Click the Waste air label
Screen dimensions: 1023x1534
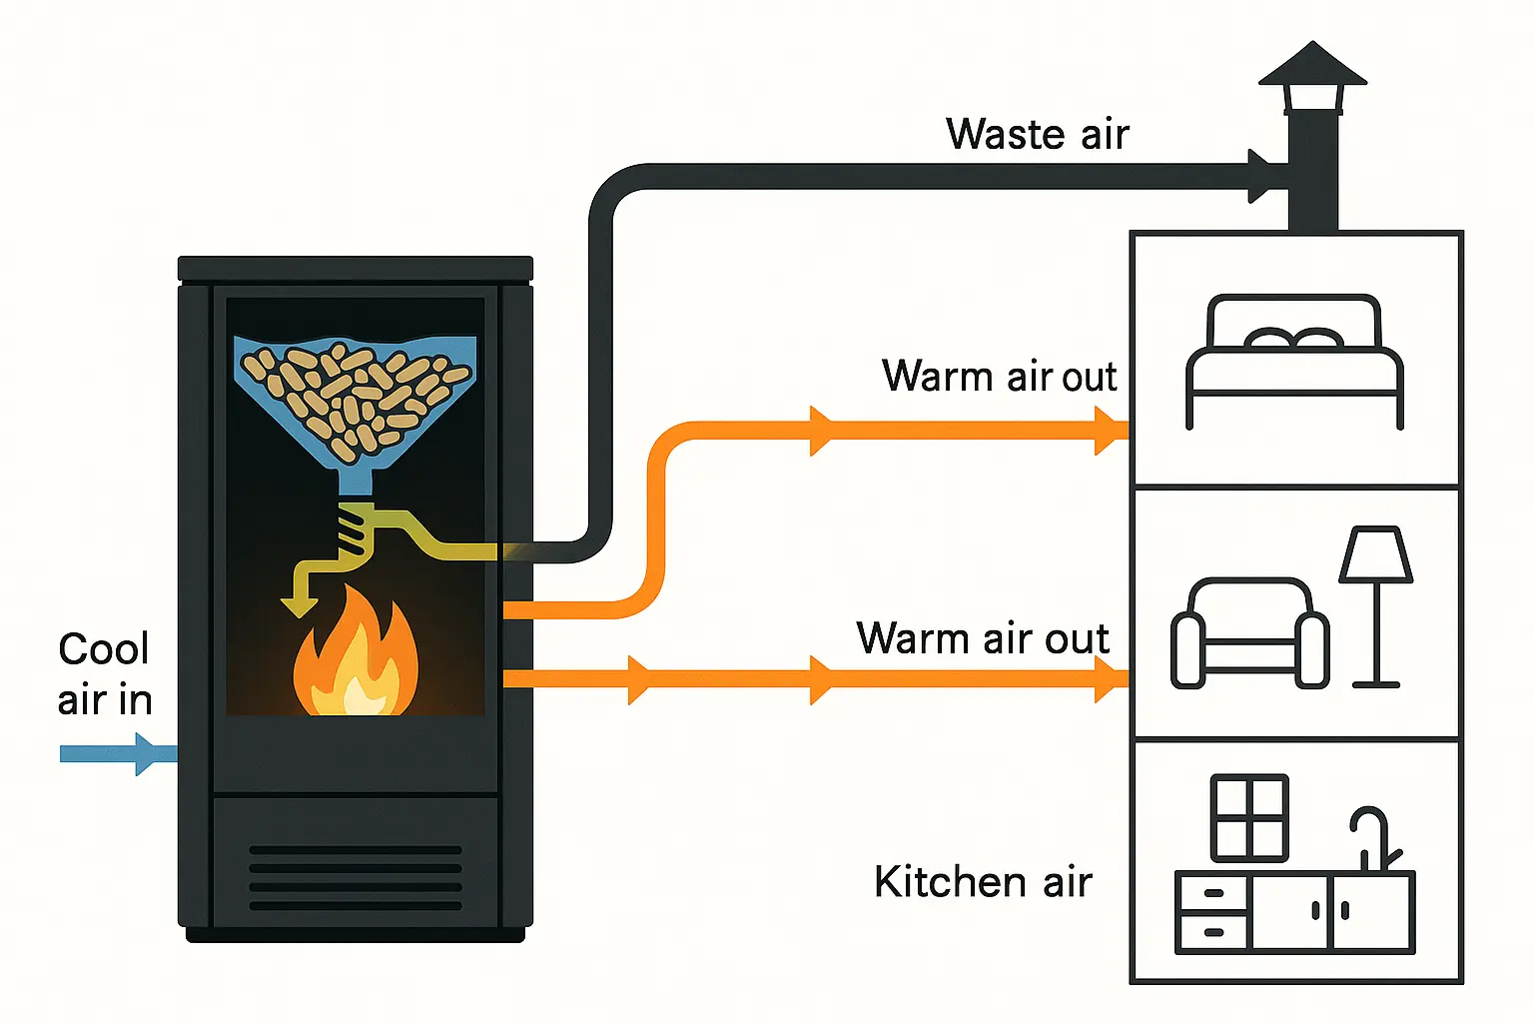1037,134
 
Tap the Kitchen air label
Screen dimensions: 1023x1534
983,882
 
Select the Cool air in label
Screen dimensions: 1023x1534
105,674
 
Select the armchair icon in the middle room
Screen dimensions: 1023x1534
1249,633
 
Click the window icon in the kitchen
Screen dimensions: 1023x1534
1248,817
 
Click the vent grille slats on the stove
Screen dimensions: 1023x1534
356,877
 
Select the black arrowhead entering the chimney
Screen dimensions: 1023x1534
1260,178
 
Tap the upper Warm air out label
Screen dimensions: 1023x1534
999,377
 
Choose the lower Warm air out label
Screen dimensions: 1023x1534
983,638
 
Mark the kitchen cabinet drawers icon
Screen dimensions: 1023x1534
1213,913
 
